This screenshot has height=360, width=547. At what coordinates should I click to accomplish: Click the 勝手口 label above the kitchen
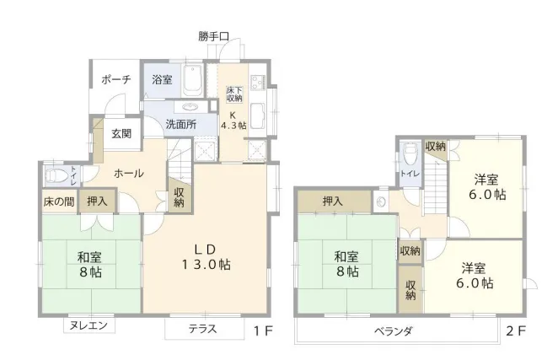(214, 36)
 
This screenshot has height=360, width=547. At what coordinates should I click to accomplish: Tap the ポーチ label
(115, 81)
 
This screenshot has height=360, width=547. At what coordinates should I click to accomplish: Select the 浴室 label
(162, 80)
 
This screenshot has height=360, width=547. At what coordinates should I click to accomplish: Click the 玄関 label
(121, 133)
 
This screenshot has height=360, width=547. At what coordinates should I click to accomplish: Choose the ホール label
(128, 174)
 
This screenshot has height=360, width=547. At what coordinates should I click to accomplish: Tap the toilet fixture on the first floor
(56, 177)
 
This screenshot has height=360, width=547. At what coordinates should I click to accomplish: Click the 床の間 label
(59, 201)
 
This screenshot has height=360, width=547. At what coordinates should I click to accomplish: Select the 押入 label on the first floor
(98, 201)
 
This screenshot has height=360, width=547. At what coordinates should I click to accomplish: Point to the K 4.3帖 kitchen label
(233, 119)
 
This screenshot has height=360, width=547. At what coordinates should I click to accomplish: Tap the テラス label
(202, 329)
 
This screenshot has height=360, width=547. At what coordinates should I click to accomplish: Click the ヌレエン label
(88, 325)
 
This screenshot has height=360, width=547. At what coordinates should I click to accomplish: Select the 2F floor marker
(516, 330)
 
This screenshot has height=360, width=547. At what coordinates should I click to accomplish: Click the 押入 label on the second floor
(332, 201)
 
